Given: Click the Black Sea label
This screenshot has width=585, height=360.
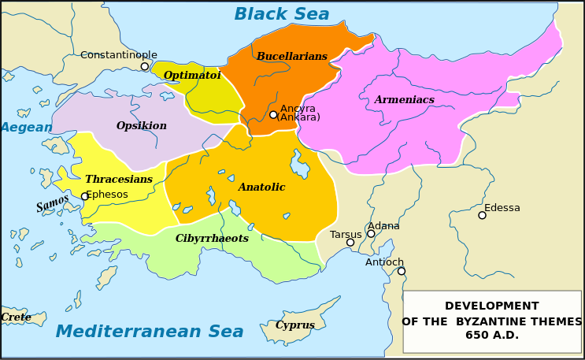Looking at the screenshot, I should (x=282, y=14).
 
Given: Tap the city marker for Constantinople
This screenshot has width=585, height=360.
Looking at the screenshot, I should (x=145, y=66).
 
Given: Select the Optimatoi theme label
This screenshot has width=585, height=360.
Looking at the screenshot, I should (x=192, y=76).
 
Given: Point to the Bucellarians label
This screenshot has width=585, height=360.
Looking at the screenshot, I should (x=291, y=57).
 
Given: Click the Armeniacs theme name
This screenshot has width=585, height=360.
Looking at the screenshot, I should (x=404, y=100).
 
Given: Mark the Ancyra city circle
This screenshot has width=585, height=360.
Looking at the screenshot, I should (x=273, y=115).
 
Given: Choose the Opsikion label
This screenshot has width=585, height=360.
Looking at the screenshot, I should (x=142, y=126).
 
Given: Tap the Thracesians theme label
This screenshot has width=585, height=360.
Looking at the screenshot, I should (x=119, y=180).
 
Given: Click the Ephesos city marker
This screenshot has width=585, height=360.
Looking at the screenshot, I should (x=85, y=196).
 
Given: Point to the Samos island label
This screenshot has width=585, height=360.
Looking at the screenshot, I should (x=53, y=204).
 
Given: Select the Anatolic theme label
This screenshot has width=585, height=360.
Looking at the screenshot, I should (x=261, y=187).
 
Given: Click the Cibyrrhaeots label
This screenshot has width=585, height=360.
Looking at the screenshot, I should (x=212, y=239).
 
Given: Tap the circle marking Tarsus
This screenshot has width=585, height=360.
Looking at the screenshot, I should (x=350, y=243).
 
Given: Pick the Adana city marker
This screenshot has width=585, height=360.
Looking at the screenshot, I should (x=371, y=234).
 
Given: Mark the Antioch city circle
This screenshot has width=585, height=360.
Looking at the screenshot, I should (x=402, y=271).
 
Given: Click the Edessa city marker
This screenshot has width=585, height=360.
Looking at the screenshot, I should (x=482, y=215).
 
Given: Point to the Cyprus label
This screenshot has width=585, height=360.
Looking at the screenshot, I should (x=295, y=325).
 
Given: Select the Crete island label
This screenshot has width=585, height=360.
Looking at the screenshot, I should (x=16, y=317).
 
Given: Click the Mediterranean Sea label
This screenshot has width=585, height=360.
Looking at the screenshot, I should (x=150, y=332).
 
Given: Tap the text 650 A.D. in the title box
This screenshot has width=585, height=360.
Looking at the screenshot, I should (x=492, y=336).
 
